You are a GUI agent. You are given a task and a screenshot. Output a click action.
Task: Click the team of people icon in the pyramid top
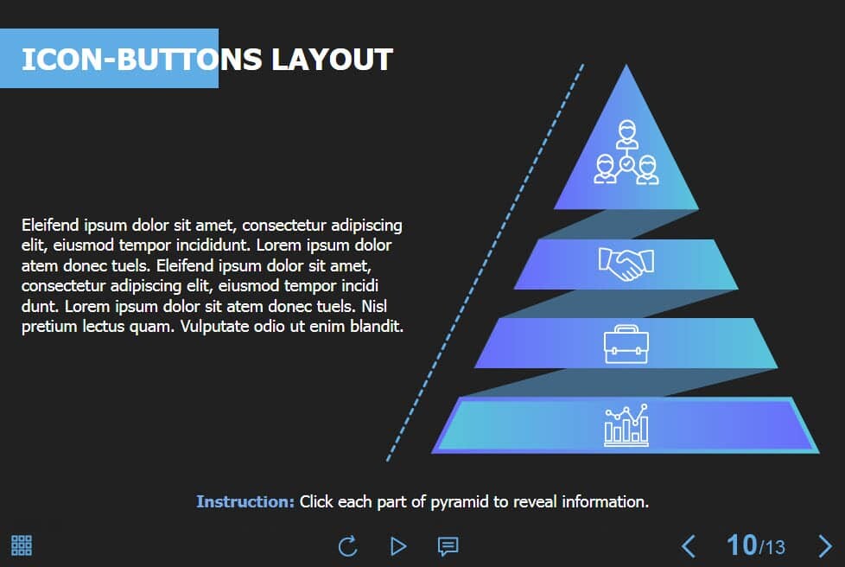(x=626, y=152)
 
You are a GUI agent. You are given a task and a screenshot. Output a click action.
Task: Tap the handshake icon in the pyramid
(x=626, y=264)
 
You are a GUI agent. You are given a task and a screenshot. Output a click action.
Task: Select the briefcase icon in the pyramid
(x=626, y=344)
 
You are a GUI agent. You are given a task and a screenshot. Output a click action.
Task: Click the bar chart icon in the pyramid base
(x=626, y=425)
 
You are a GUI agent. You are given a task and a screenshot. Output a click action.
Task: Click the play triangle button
(x=398, y=546)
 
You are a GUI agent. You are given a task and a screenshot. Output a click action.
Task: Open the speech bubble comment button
(x=448, y=546)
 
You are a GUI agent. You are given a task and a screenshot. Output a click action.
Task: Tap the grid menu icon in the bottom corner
(x=22, y=545)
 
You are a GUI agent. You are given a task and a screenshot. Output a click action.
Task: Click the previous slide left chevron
(x=688, y=546)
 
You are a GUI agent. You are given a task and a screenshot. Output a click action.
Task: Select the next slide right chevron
(x=825, y=546)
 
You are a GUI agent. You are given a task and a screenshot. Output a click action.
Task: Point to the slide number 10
(x=742, y=545)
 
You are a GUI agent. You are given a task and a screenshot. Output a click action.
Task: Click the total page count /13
(x=772, y=548)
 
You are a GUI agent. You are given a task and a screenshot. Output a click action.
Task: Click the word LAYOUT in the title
(x=332, y=60)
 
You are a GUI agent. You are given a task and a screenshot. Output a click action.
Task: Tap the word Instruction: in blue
(x=245, y=502)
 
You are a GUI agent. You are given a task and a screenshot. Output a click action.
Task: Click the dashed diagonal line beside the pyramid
(x=485, y=263)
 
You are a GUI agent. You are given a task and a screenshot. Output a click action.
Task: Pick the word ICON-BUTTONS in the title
(x=142, y=60)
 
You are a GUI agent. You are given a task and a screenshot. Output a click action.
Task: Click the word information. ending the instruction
(x=605, y=502)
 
